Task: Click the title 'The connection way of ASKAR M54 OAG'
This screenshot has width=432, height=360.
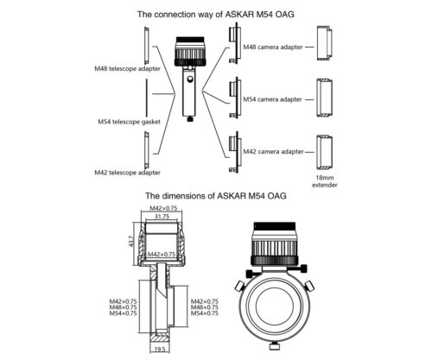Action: pos(215,15)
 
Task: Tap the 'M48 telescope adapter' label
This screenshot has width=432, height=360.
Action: pos(127,69)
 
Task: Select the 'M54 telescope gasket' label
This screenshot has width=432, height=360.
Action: pos(129,122)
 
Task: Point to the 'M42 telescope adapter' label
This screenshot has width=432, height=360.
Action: pos(127,173)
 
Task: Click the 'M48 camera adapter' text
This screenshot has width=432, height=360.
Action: pos(273,47)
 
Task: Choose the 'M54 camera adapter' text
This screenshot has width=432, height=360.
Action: pos(272,99)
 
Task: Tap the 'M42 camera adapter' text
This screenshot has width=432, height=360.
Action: pos(273,151)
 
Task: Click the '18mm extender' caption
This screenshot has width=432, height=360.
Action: pos(325,181)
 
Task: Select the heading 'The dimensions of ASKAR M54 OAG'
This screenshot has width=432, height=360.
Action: pos(216,196)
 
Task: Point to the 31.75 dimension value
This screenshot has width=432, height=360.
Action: pos(162,217)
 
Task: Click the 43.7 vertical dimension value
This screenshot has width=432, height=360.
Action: pos(131,241)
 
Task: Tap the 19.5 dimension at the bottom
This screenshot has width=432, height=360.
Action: pos(160,349)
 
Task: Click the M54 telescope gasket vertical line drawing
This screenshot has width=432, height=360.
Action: pos(147,97)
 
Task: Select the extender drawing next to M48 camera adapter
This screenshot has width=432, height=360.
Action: pos(325,43)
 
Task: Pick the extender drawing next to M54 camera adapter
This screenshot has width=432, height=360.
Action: pos(325,98)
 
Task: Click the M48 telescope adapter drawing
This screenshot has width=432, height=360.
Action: pos(147,46)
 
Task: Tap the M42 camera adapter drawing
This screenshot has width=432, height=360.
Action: pos(234,152)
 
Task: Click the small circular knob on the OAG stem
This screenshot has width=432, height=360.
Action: pos(190,79)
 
